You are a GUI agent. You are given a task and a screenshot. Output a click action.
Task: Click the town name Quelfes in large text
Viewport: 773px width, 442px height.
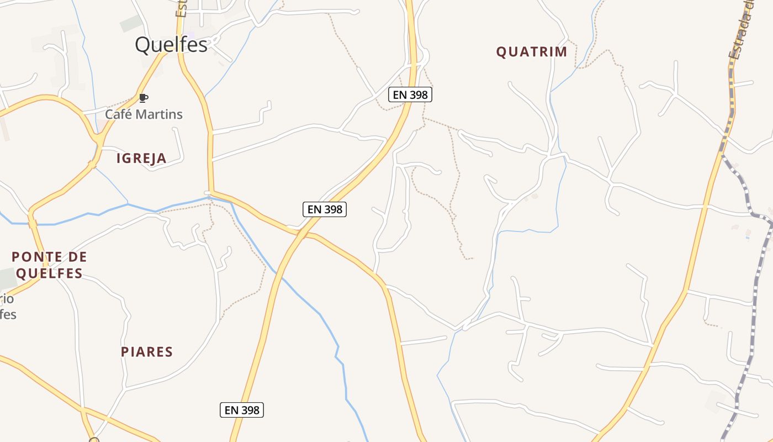pyautogui.click(x=171, y=45)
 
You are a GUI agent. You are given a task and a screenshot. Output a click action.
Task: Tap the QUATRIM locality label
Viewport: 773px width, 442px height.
pyautogui.click(x=531, y=52)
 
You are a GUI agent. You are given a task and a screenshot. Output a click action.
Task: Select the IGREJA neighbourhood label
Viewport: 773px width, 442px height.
pyautogui.click(x=141, y=159)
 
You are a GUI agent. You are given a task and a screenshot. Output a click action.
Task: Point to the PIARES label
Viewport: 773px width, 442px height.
pyautogui.click(x=147, y=352)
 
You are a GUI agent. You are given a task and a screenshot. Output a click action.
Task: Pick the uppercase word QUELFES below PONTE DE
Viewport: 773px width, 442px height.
pyautogui.click(x=49, y=273)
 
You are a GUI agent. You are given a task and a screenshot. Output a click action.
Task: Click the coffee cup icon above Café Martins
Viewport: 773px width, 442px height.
pyautogui.click(x=144, y=98)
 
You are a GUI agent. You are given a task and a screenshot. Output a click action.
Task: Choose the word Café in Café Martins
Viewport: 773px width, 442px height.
pyautogui.click(x=118, y=114)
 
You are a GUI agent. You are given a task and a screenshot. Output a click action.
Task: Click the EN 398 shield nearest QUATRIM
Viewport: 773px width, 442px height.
pyautogui.click(x=410, y=94)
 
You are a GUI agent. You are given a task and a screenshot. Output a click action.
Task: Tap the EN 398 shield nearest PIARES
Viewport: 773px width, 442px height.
pyautogui.click(x=242, y=410)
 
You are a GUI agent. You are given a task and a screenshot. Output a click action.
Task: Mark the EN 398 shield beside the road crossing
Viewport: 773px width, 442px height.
pyautogui.click(x=325, y=209)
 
